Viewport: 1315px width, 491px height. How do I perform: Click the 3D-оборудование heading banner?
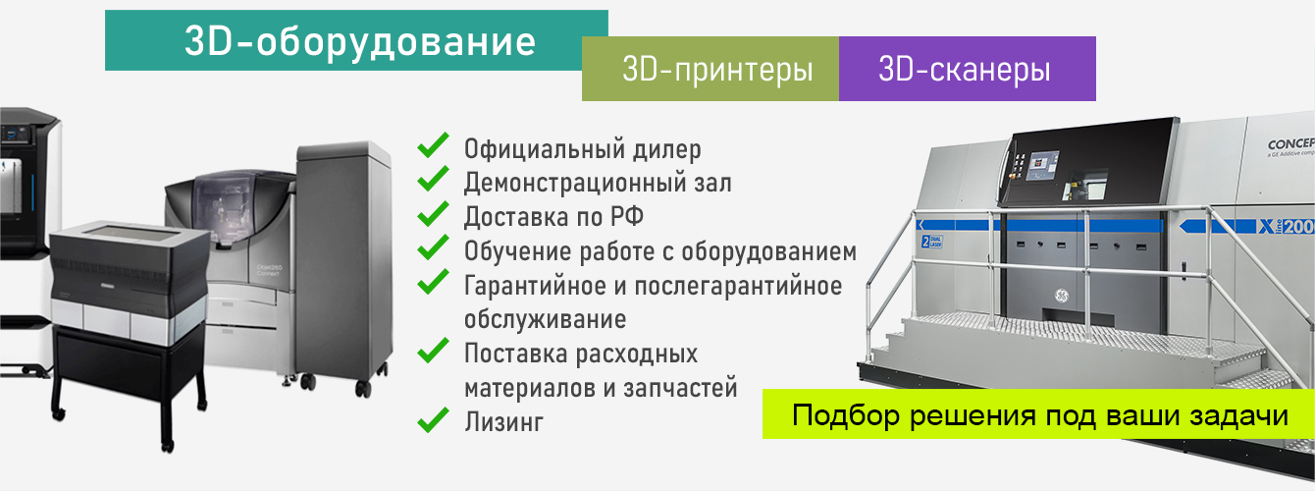[x=356, y=41]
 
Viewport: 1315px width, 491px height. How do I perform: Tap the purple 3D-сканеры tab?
[x=967, y=70]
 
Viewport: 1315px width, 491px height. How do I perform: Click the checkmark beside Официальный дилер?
[x=433, y=148]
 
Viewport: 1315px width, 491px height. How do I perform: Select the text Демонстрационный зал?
[x=598, y=183]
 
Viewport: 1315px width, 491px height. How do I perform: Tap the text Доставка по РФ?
[x=553, y=216]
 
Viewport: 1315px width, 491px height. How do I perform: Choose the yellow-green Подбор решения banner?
[x=1039, y=415]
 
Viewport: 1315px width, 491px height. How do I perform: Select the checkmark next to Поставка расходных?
[x=433, y=352]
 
